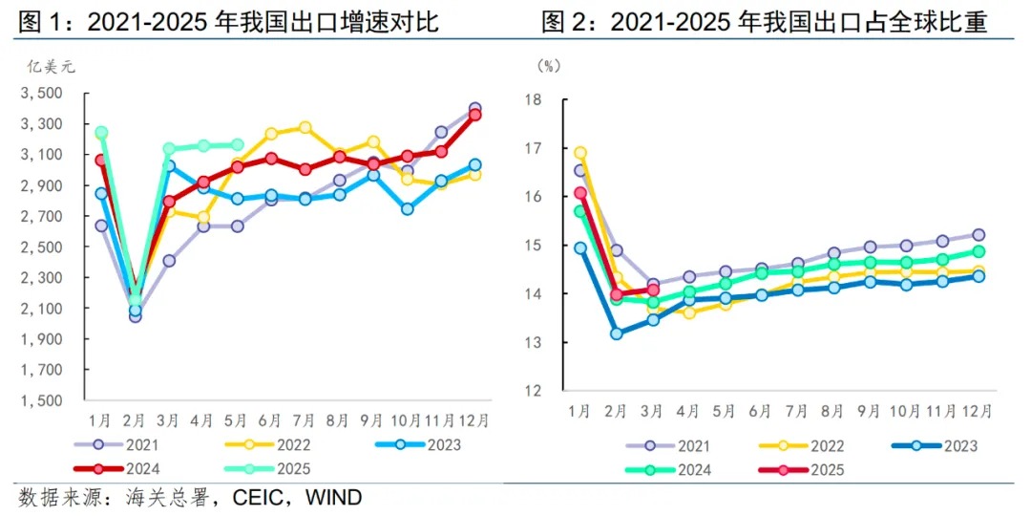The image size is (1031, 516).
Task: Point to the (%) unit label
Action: (549, 66)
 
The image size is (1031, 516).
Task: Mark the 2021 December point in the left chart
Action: (474, 109)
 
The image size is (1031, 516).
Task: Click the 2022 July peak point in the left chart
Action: (305, 127)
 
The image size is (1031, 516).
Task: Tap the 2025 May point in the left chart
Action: (237, 145)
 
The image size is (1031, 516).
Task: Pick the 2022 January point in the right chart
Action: (579, 153)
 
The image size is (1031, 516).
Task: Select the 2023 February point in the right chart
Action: (617, 333)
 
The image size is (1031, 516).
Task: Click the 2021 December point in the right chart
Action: (978, 235)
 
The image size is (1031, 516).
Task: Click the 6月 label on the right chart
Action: (761, 411)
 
